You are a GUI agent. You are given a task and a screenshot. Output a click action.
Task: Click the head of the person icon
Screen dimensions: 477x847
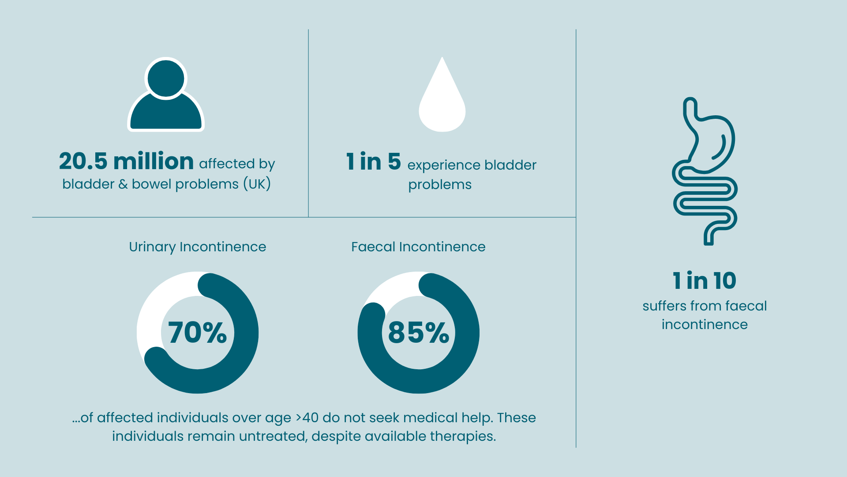pos(166,79)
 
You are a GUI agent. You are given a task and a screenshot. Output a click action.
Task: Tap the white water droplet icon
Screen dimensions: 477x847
pos(442,104)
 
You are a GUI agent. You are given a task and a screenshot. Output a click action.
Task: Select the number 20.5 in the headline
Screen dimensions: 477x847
pos(83,161)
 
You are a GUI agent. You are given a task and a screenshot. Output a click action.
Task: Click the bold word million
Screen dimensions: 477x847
pos(154,161)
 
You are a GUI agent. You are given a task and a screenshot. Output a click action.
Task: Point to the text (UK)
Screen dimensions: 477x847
pos(257,184)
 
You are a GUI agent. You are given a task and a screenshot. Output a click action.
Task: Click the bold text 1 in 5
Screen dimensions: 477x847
pos(373,162)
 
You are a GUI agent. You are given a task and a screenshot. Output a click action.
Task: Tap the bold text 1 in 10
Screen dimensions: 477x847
pos(705,281)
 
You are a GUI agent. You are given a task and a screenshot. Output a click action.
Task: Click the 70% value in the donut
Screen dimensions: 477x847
pos(197,333)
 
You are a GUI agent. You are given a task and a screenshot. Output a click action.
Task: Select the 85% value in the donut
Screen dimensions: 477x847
pos(418,333)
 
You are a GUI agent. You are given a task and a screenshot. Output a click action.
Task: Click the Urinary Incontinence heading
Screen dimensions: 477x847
pos(197,246)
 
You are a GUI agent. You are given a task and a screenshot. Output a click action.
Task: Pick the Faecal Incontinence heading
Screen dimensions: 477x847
pos(418,246)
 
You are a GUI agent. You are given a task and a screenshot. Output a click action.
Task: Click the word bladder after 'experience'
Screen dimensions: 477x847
pos(510,165)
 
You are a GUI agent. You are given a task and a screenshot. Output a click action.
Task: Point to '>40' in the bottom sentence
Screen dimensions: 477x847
pos(307,417)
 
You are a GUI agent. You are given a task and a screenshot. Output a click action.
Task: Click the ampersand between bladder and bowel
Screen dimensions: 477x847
pos(123,184)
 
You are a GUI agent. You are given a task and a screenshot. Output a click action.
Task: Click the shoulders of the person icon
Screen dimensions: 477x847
pos(166,115)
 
